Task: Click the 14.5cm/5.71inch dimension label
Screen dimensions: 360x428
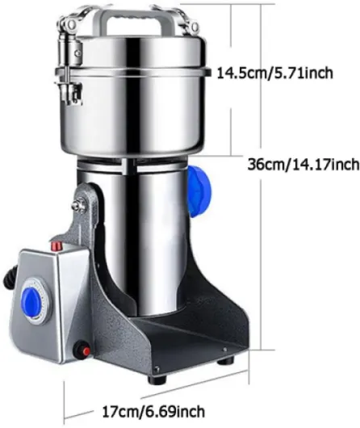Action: coord(275,73)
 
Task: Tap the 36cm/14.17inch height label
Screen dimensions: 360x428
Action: coord(303,165)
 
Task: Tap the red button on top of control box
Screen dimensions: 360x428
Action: coord(57,245)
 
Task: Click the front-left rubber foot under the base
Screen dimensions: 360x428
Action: coord(157,380)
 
